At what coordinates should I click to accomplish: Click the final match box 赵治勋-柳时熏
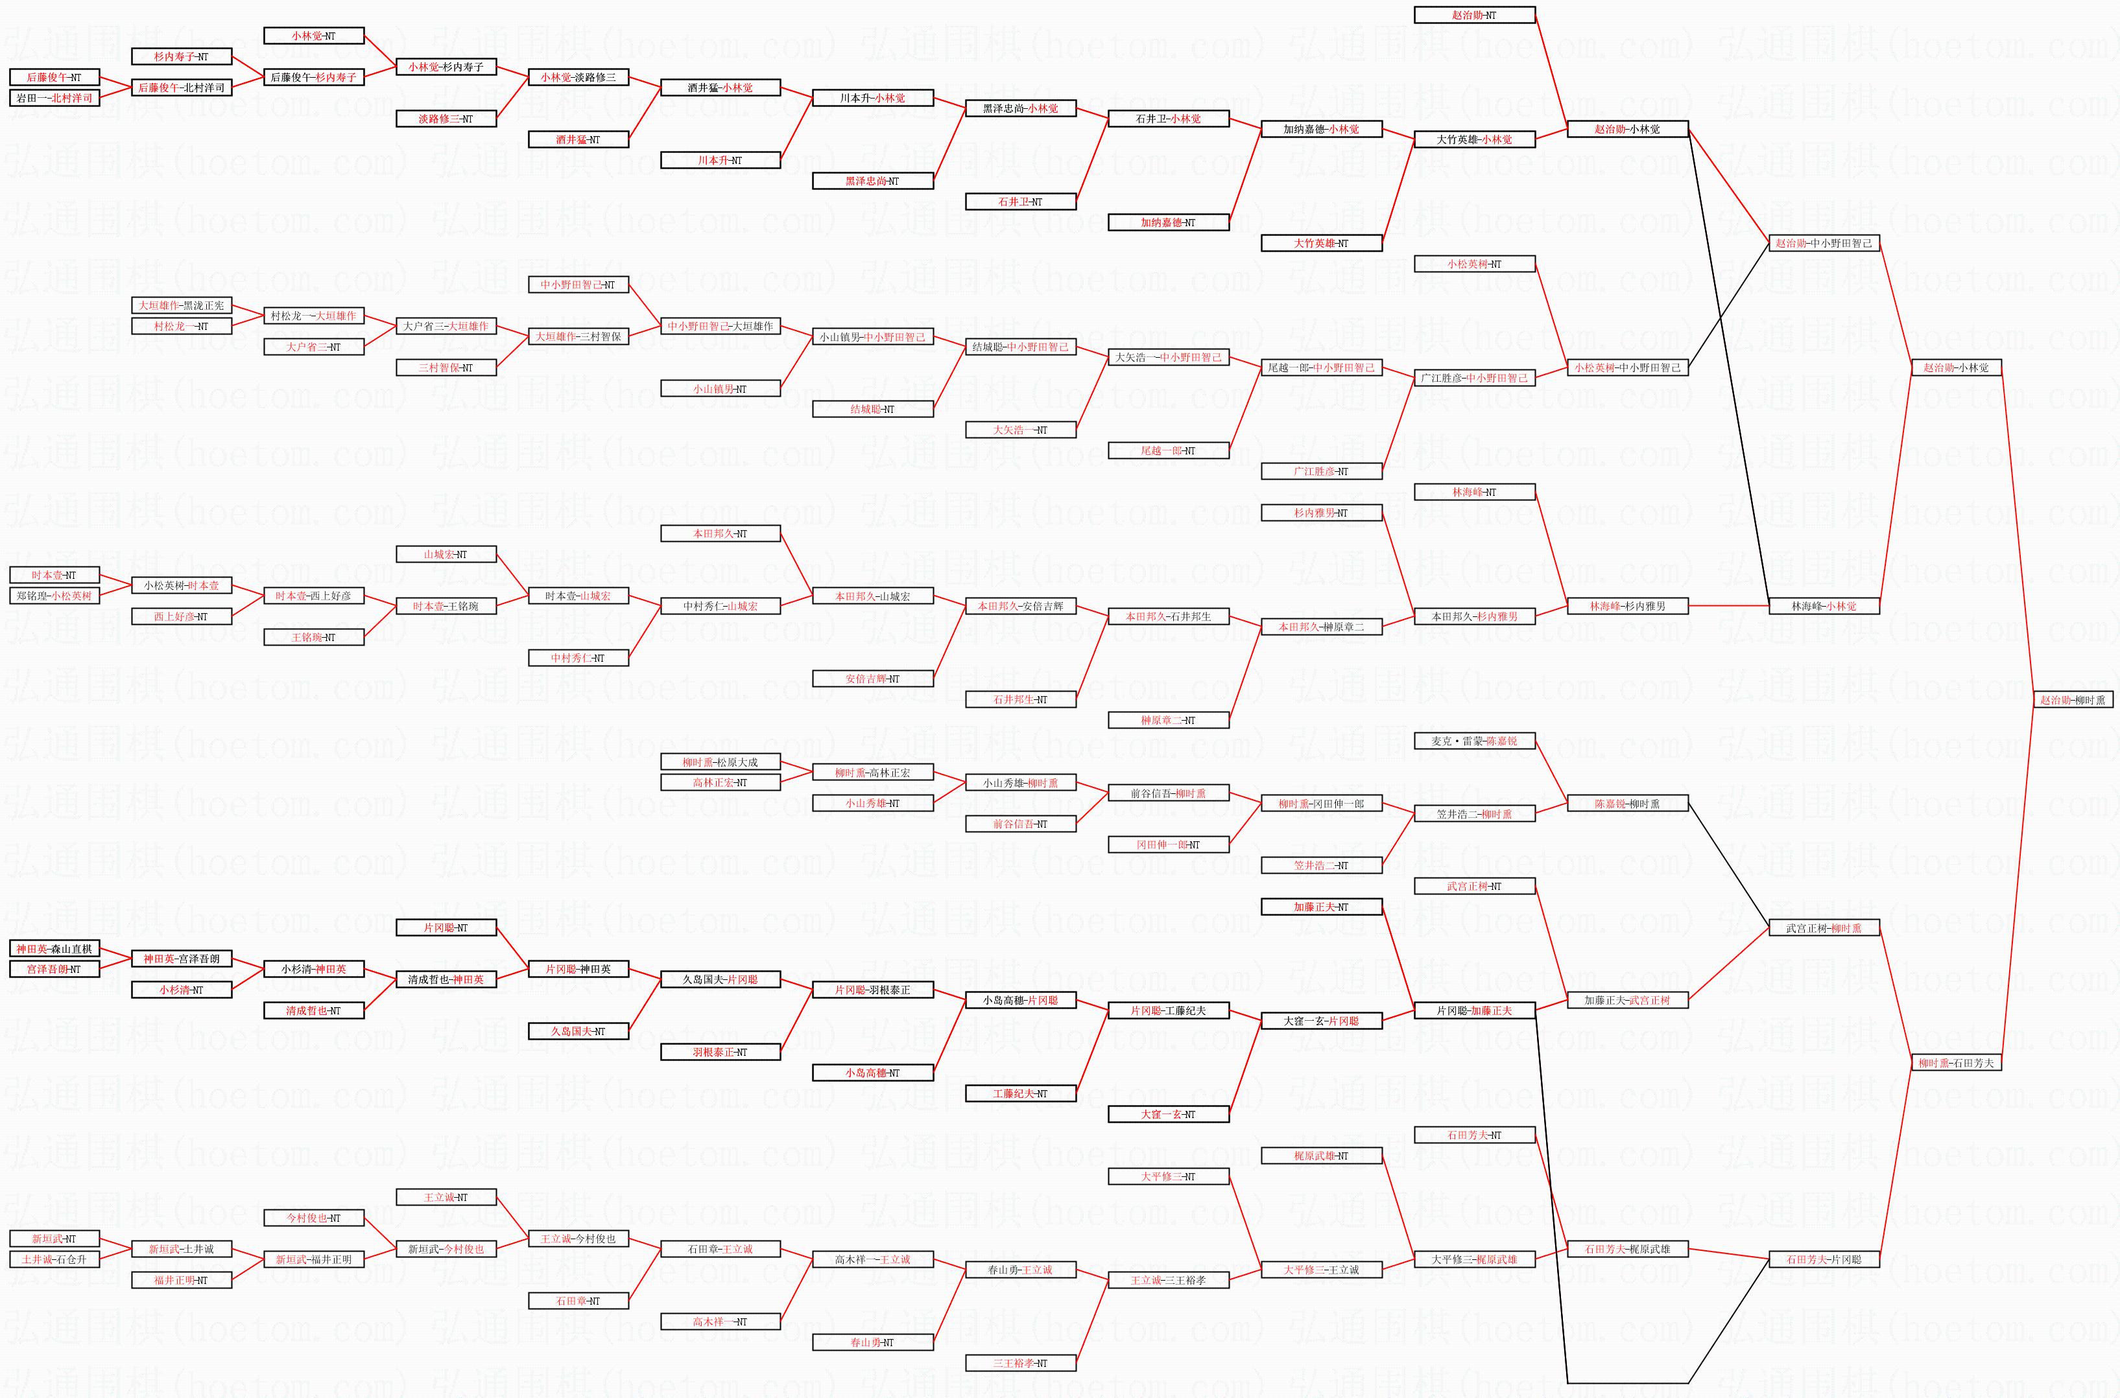point(2072,700)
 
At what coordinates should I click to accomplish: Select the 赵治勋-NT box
point(1474,15)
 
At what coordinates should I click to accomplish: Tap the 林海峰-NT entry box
point(1474,492)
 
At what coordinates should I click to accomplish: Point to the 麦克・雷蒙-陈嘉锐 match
point(1474,741)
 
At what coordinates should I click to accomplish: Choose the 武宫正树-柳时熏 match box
point(1824,928)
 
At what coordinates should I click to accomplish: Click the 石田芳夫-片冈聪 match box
point(1824,1260)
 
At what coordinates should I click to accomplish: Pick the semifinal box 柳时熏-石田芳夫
point(1956,1063)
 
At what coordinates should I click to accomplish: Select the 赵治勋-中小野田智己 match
point(1824,244)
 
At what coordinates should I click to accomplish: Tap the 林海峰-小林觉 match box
point(1824,606)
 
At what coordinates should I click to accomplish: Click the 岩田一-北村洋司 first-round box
point(54,98)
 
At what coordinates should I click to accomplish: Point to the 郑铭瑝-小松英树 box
point(54,596)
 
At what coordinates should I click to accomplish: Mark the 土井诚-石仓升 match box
point(54,1260)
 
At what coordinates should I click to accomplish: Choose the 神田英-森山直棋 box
point(54,949)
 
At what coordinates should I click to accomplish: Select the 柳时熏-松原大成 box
point(720,762)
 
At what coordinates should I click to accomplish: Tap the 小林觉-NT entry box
point(313,36)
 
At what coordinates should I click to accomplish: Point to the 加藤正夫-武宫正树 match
point(1626,1000)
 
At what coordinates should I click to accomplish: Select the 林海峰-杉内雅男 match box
point(1626,606)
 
